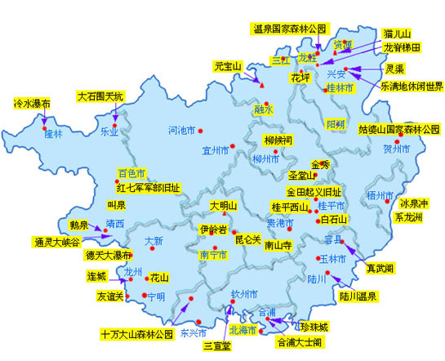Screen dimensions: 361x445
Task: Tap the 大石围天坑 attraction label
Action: point(101,96)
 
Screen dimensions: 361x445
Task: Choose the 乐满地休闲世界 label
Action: point(412,86)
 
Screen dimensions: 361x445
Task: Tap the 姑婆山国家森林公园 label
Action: point(398,129)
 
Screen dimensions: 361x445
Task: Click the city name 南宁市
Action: point(212,255)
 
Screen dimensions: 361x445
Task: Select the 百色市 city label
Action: point(131,173)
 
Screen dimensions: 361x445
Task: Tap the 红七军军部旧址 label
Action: point(147,187)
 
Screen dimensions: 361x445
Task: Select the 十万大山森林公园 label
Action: point(137,335)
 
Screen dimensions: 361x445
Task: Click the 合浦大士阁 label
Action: point(301,342)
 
